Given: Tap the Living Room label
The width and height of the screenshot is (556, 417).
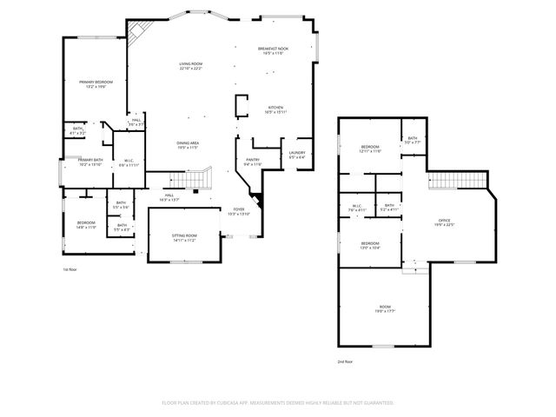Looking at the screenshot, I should [x=191, y=66].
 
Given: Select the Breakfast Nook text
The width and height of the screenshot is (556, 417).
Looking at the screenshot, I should [x=273, y=51].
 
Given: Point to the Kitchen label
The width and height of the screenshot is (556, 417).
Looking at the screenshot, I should [x=275, y=110].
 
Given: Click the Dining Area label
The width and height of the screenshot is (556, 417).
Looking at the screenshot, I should [x=189, y=145].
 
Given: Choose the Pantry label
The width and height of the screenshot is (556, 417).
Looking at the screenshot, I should [x=253, y=162].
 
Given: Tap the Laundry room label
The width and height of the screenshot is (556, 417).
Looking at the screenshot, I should [x=297, y=155].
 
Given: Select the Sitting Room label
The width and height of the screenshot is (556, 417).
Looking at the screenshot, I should [x=183, y=238].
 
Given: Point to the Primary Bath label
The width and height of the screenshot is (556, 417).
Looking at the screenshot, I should [x=90, y=162].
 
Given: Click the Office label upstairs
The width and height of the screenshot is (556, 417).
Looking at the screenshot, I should [x=444, y=223].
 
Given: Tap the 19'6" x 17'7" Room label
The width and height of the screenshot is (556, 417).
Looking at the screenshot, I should [x=385, y=309].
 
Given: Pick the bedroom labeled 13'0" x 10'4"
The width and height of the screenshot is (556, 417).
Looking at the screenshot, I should [x=370, y=246].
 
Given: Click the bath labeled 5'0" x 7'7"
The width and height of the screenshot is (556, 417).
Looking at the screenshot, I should [x=413, y=140].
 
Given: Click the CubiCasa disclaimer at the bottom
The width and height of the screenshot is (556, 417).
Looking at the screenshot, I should [x=278, y=403].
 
